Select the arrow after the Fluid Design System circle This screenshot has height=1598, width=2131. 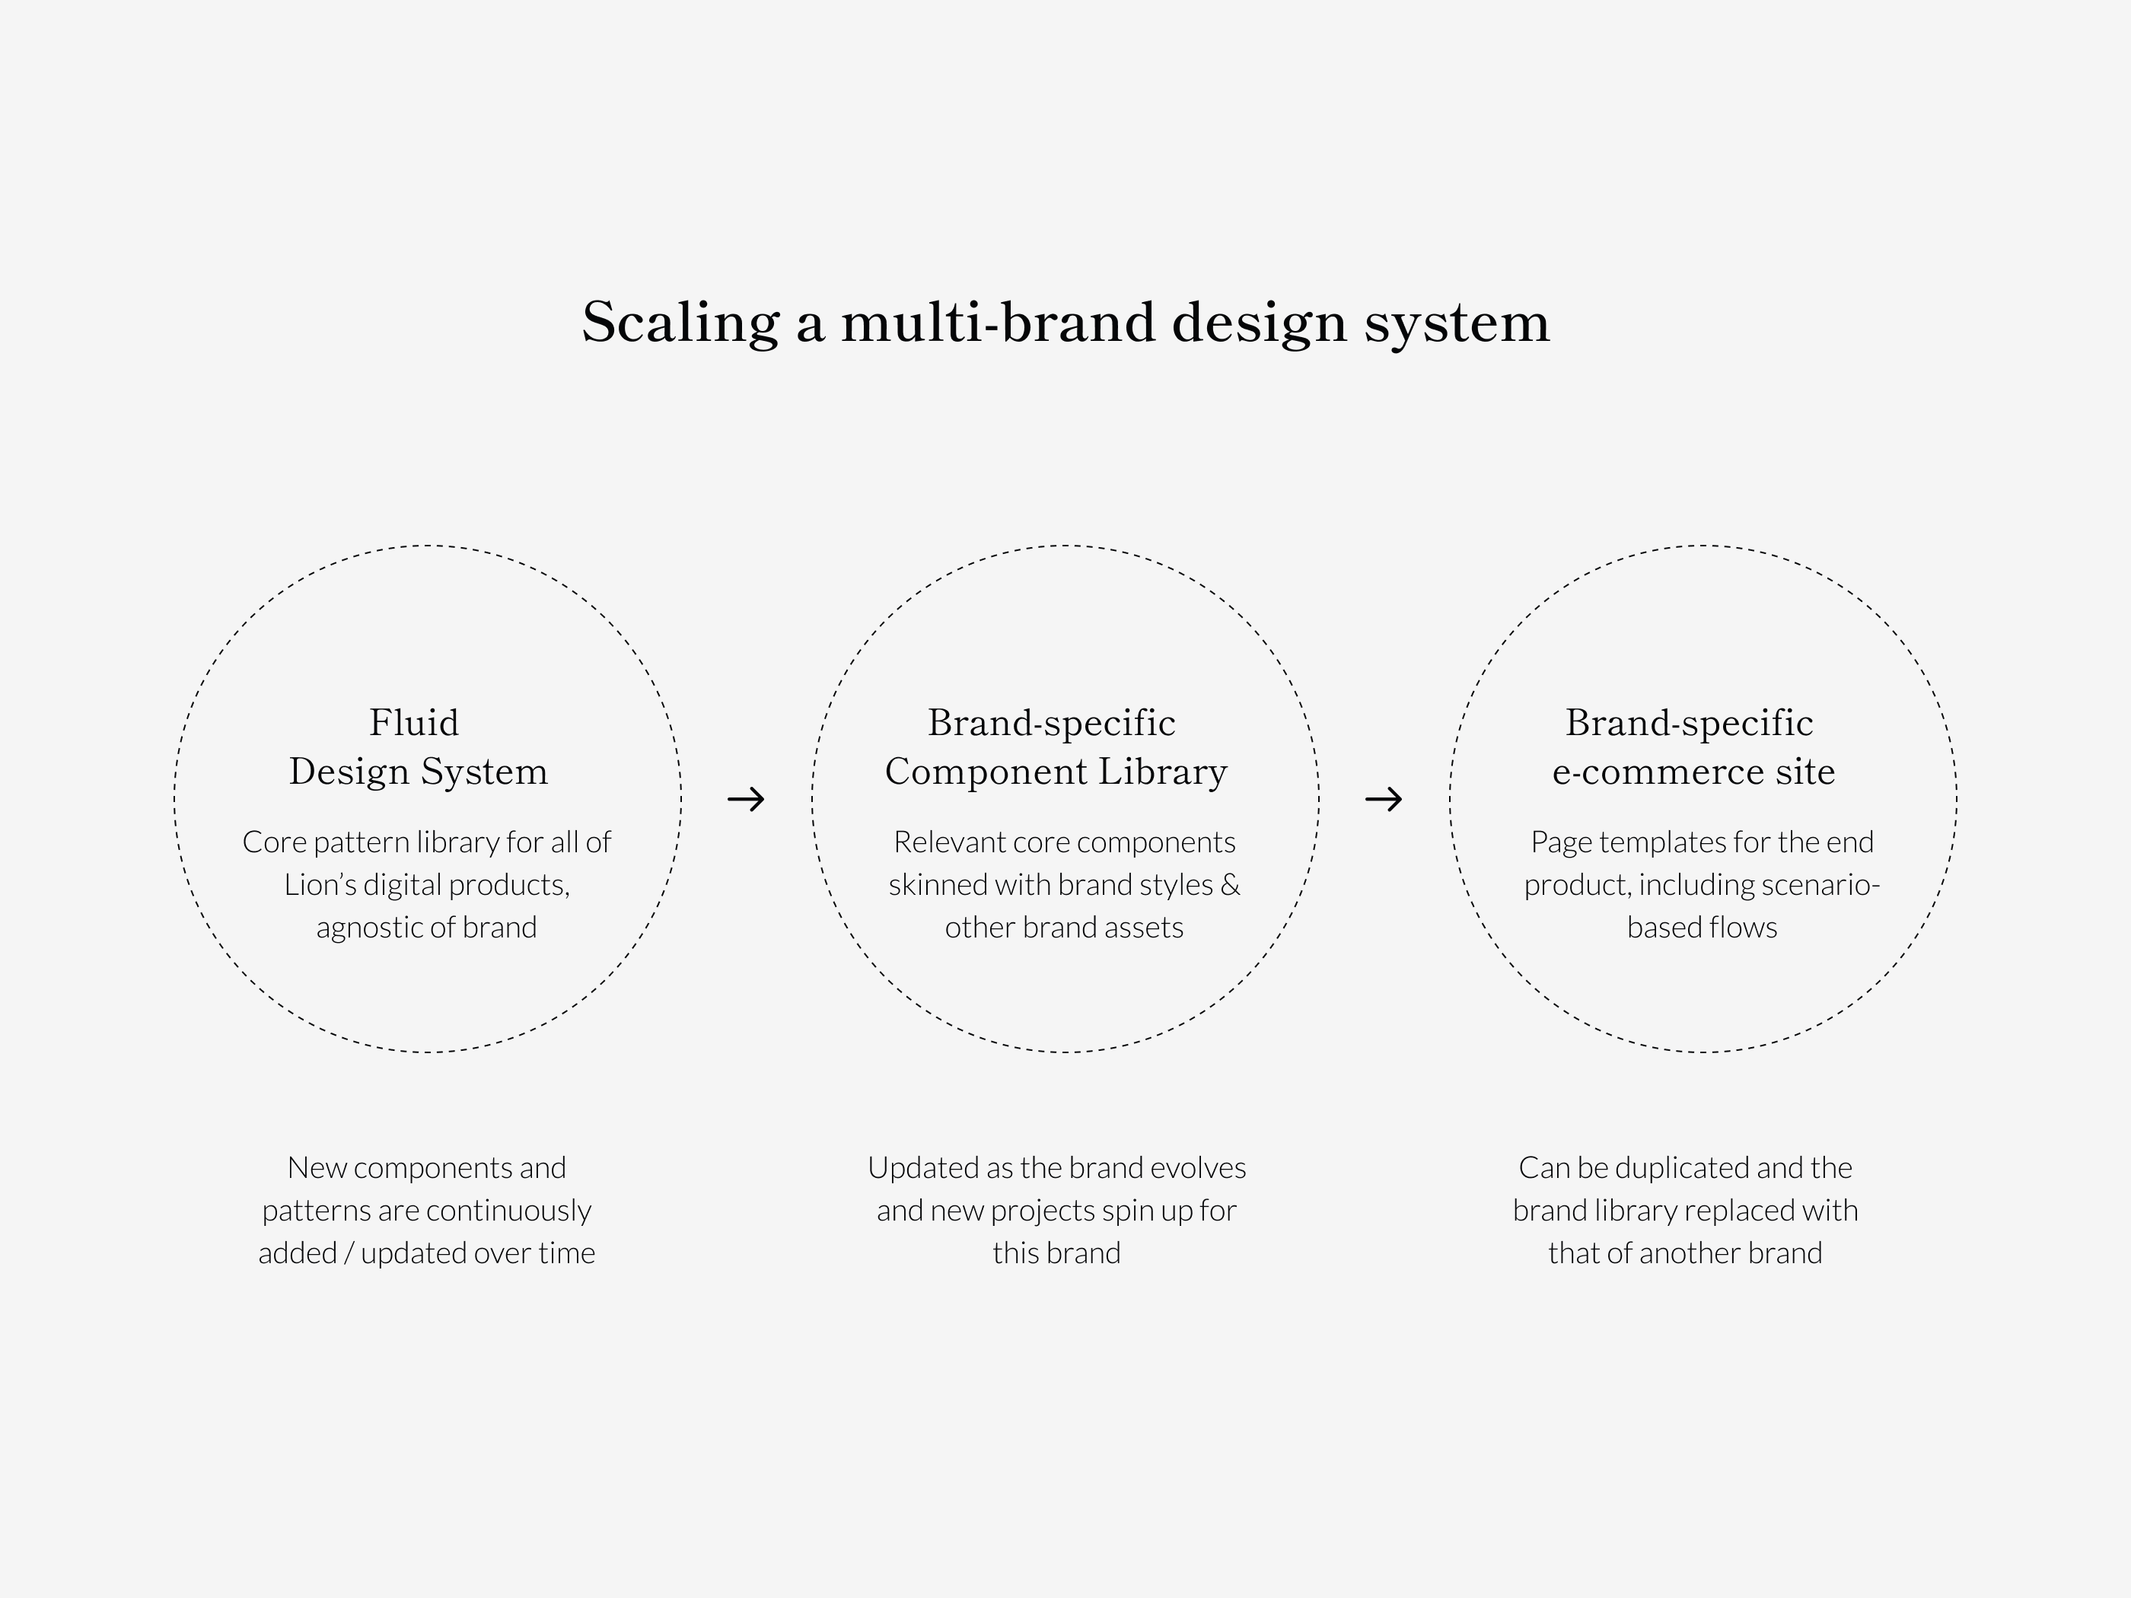point(746,798)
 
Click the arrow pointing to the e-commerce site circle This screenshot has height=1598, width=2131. point(1384,798)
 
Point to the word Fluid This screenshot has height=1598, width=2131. point(414,722)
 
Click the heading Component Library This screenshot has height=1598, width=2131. point(1056,772)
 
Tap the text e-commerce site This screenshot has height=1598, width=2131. point(1693,772)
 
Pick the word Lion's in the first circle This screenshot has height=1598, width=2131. point(320,884)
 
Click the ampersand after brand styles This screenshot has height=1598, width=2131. point(1230,884)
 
